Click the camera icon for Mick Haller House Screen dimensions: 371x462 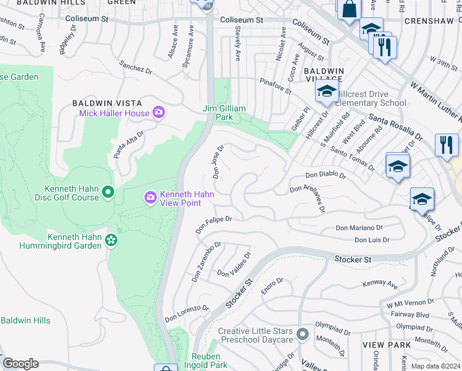click(159, 113)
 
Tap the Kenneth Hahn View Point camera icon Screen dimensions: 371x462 click(150, 198)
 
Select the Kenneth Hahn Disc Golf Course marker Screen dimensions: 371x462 click(108, 193)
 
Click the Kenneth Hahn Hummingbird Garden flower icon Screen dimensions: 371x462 click(111, 240)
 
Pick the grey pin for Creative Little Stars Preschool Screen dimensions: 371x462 click(302, 335)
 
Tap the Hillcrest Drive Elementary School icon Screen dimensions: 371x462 click(325, 92)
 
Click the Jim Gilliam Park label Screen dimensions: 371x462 click(225, 113)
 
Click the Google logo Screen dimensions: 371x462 click(20, 364)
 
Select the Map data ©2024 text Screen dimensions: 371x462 click(435, 366)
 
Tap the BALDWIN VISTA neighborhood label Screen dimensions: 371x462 click(108, 103)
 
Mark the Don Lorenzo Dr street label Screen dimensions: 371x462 click(187, 313)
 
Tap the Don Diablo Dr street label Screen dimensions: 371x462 click(326, 174)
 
